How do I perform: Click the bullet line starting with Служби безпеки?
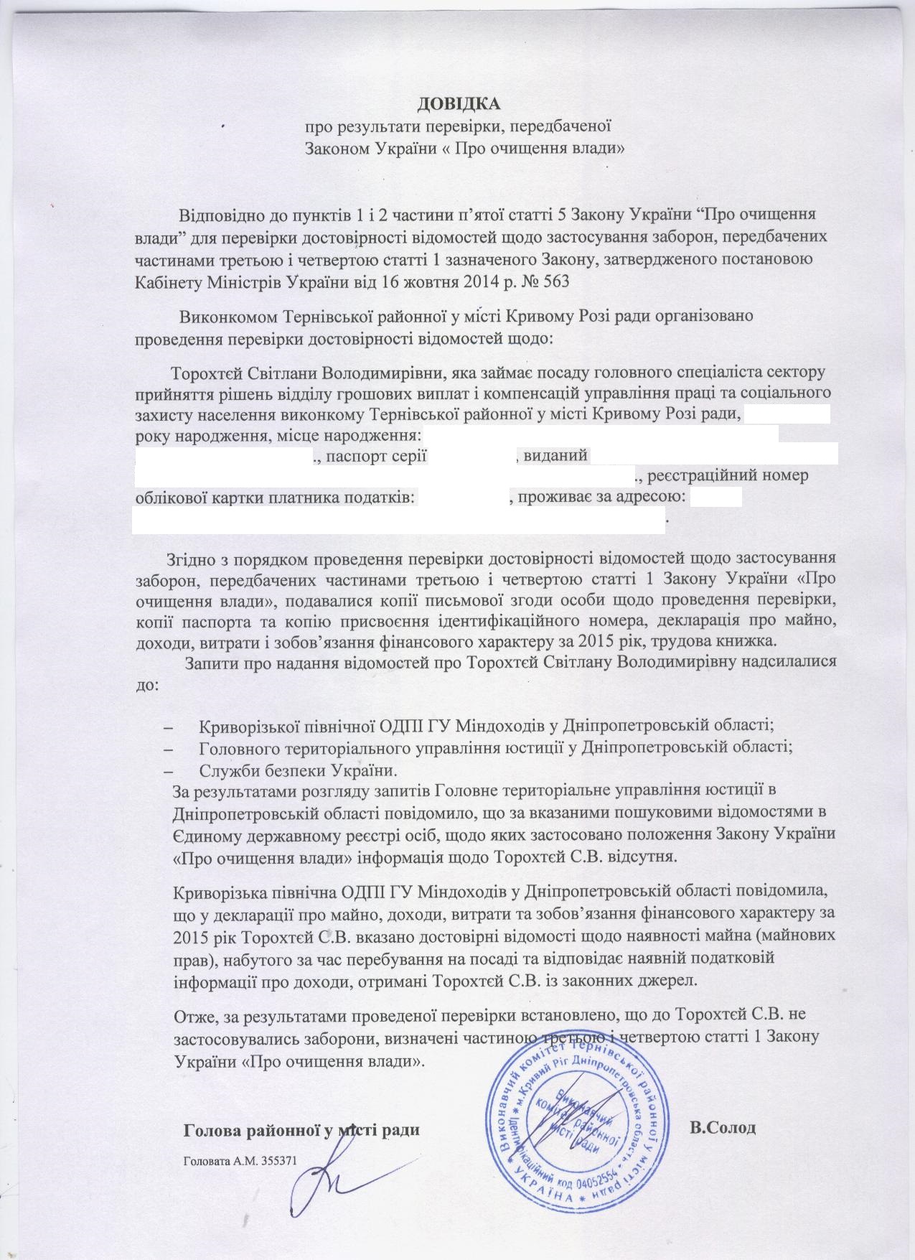tap(296, 770)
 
